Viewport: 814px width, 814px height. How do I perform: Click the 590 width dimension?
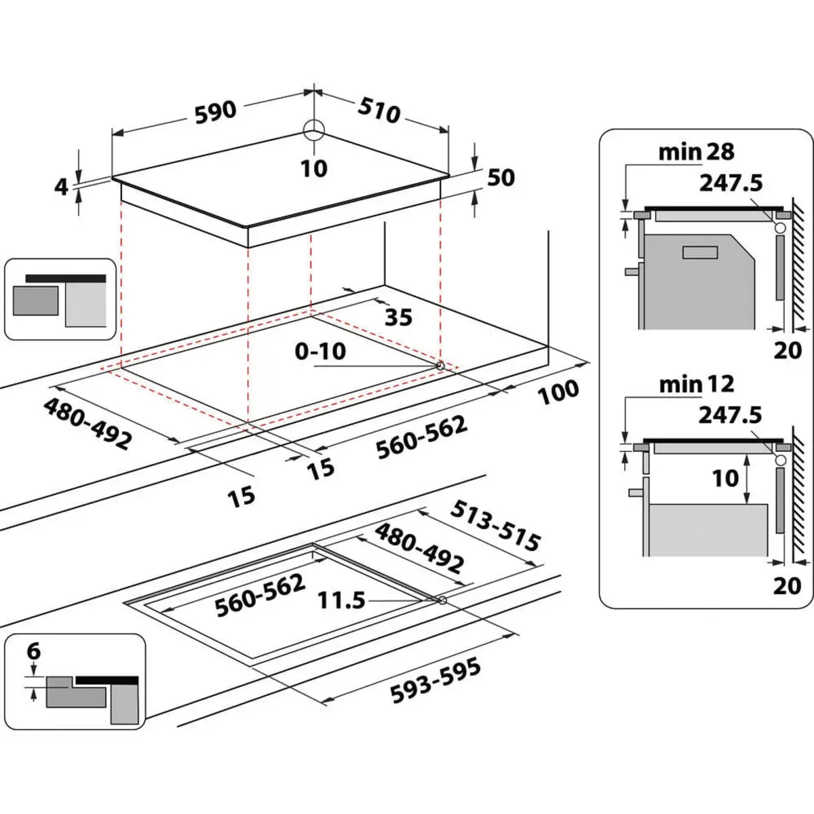[216, 112]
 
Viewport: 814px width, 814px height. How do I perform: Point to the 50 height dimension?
[501, 178]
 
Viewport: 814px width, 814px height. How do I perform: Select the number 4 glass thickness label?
[62, 186]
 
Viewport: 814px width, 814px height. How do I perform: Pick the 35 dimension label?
[398, 317]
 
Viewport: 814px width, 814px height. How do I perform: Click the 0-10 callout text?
[320, 351]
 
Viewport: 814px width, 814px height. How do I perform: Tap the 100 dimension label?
[559, 391]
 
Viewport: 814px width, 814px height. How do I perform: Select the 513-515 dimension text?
[497, 526]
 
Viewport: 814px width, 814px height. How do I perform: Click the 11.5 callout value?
[341, 600]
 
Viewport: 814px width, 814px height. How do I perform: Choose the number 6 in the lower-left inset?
[33, 652]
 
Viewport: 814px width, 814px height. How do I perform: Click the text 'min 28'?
[696, 152]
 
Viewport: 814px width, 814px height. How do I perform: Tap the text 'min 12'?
[696, 385]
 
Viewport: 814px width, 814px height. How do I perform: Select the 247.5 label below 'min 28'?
[731, 182]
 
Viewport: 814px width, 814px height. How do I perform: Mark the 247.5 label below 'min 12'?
[731, 414]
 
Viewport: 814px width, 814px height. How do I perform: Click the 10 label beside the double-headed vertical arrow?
[725, 478]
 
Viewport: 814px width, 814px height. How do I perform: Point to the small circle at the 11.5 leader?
[442, 600]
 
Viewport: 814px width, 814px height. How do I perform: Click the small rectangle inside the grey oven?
[701, 252]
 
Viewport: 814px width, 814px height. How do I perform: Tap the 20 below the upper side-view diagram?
[787, 351]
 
